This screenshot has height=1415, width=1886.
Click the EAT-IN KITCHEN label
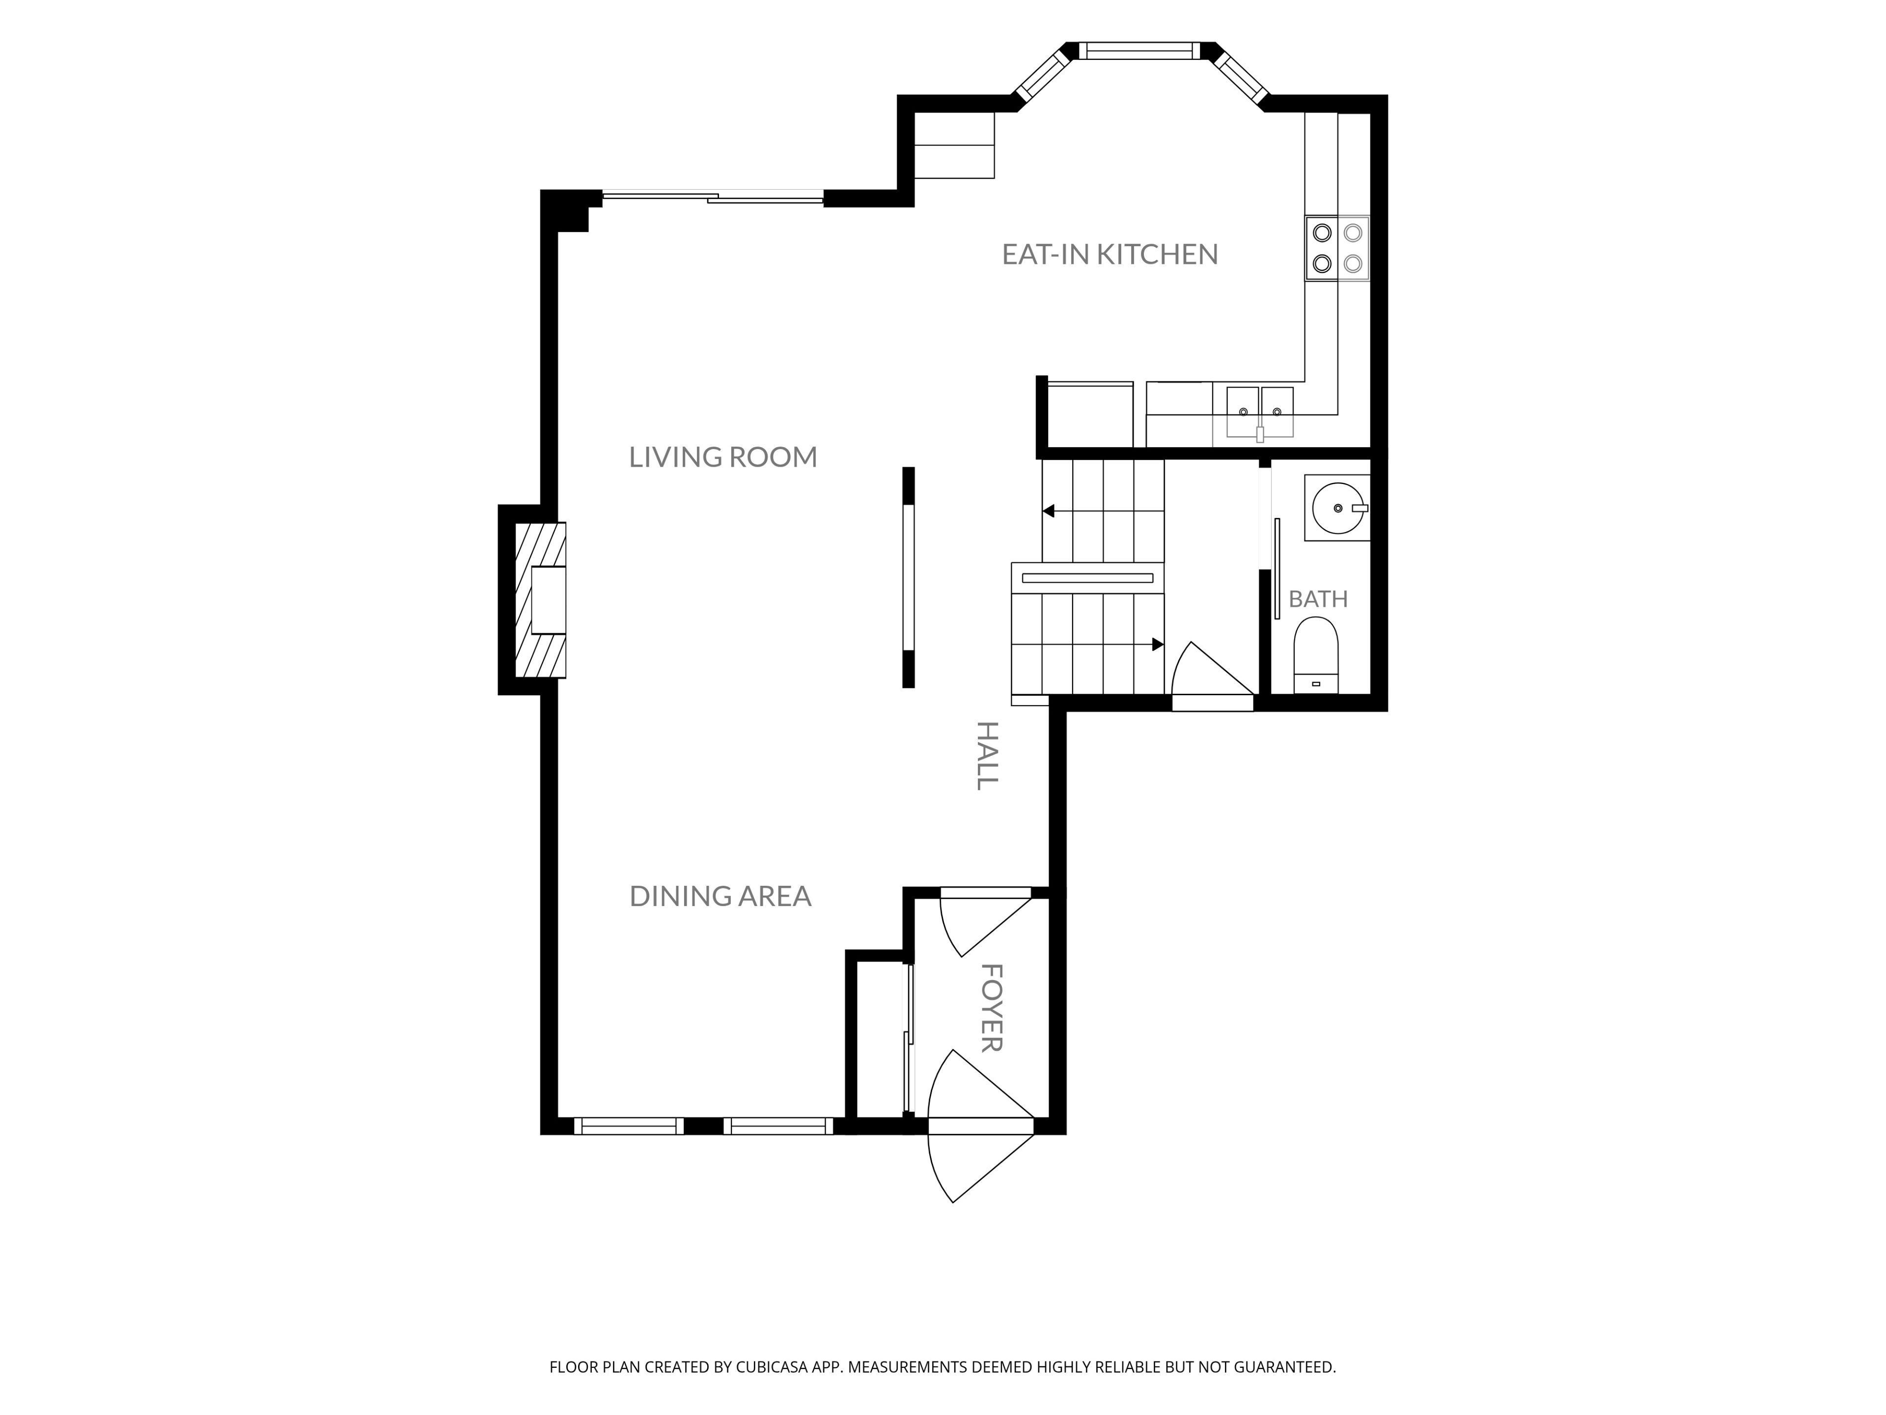click(1109, 254)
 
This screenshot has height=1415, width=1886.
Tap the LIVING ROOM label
click(723, 457)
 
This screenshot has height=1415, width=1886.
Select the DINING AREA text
click(721, 896)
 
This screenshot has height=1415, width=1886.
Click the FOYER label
click(991, 1008)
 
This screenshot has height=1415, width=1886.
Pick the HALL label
click(987, 756)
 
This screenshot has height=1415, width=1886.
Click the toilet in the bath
click(1316, 655)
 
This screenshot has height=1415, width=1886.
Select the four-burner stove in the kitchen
click(1337, 248)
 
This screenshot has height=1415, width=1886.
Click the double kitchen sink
click(1260, 413)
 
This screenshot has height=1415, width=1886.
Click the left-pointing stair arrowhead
click(1049, 511)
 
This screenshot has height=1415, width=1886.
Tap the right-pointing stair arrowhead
click(1158, 645)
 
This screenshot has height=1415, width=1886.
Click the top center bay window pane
click(1140, 50)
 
